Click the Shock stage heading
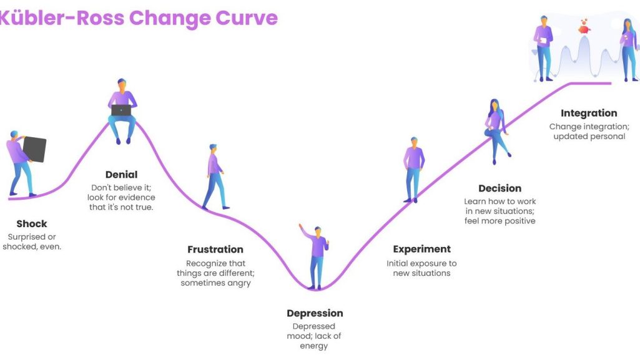pos(32,224)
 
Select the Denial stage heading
pos(121,175)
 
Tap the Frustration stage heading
pos(215,250)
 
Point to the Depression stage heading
pos(315,314)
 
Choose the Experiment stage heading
pos(422,249)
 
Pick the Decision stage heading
pos(500,188)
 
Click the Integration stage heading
pos(589,114)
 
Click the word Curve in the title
pos(247,18)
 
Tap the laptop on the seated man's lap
pos(121,110)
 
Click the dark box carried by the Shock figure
pos(34,149)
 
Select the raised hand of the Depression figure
pos(300,226)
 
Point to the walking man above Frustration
pos(215,177)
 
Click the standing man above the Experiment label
pos(414,170)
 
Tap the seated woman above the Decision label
pos(496,131)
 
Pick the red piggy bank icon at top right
pos(584,27)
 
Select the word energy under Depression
pos(314,346)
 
